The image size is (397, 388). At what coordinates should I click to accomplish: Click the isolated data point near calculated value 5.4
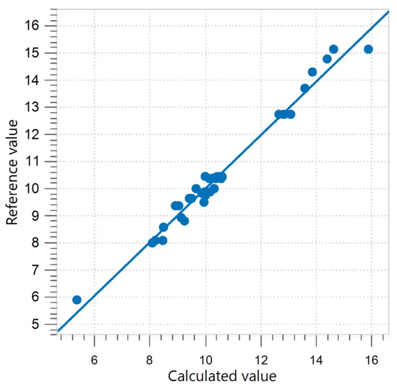77,300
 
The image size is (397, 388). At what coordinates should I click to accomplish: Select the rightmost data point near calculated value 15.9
368,49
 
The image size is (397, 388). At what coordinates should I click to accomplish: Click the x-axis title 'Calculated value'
222,376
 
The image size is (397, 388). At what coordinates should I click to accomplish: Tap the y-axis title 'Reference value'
13,172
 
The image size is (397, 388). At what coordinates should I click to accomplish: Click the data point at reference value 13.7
305,88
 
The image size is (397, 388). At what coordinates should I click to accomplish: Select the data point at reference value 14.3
312,72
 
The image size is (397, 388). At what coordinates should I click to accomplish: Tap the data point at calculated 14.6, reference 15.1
333,49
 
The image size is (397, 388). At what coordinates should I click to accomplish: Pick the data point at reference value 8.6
164,227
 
